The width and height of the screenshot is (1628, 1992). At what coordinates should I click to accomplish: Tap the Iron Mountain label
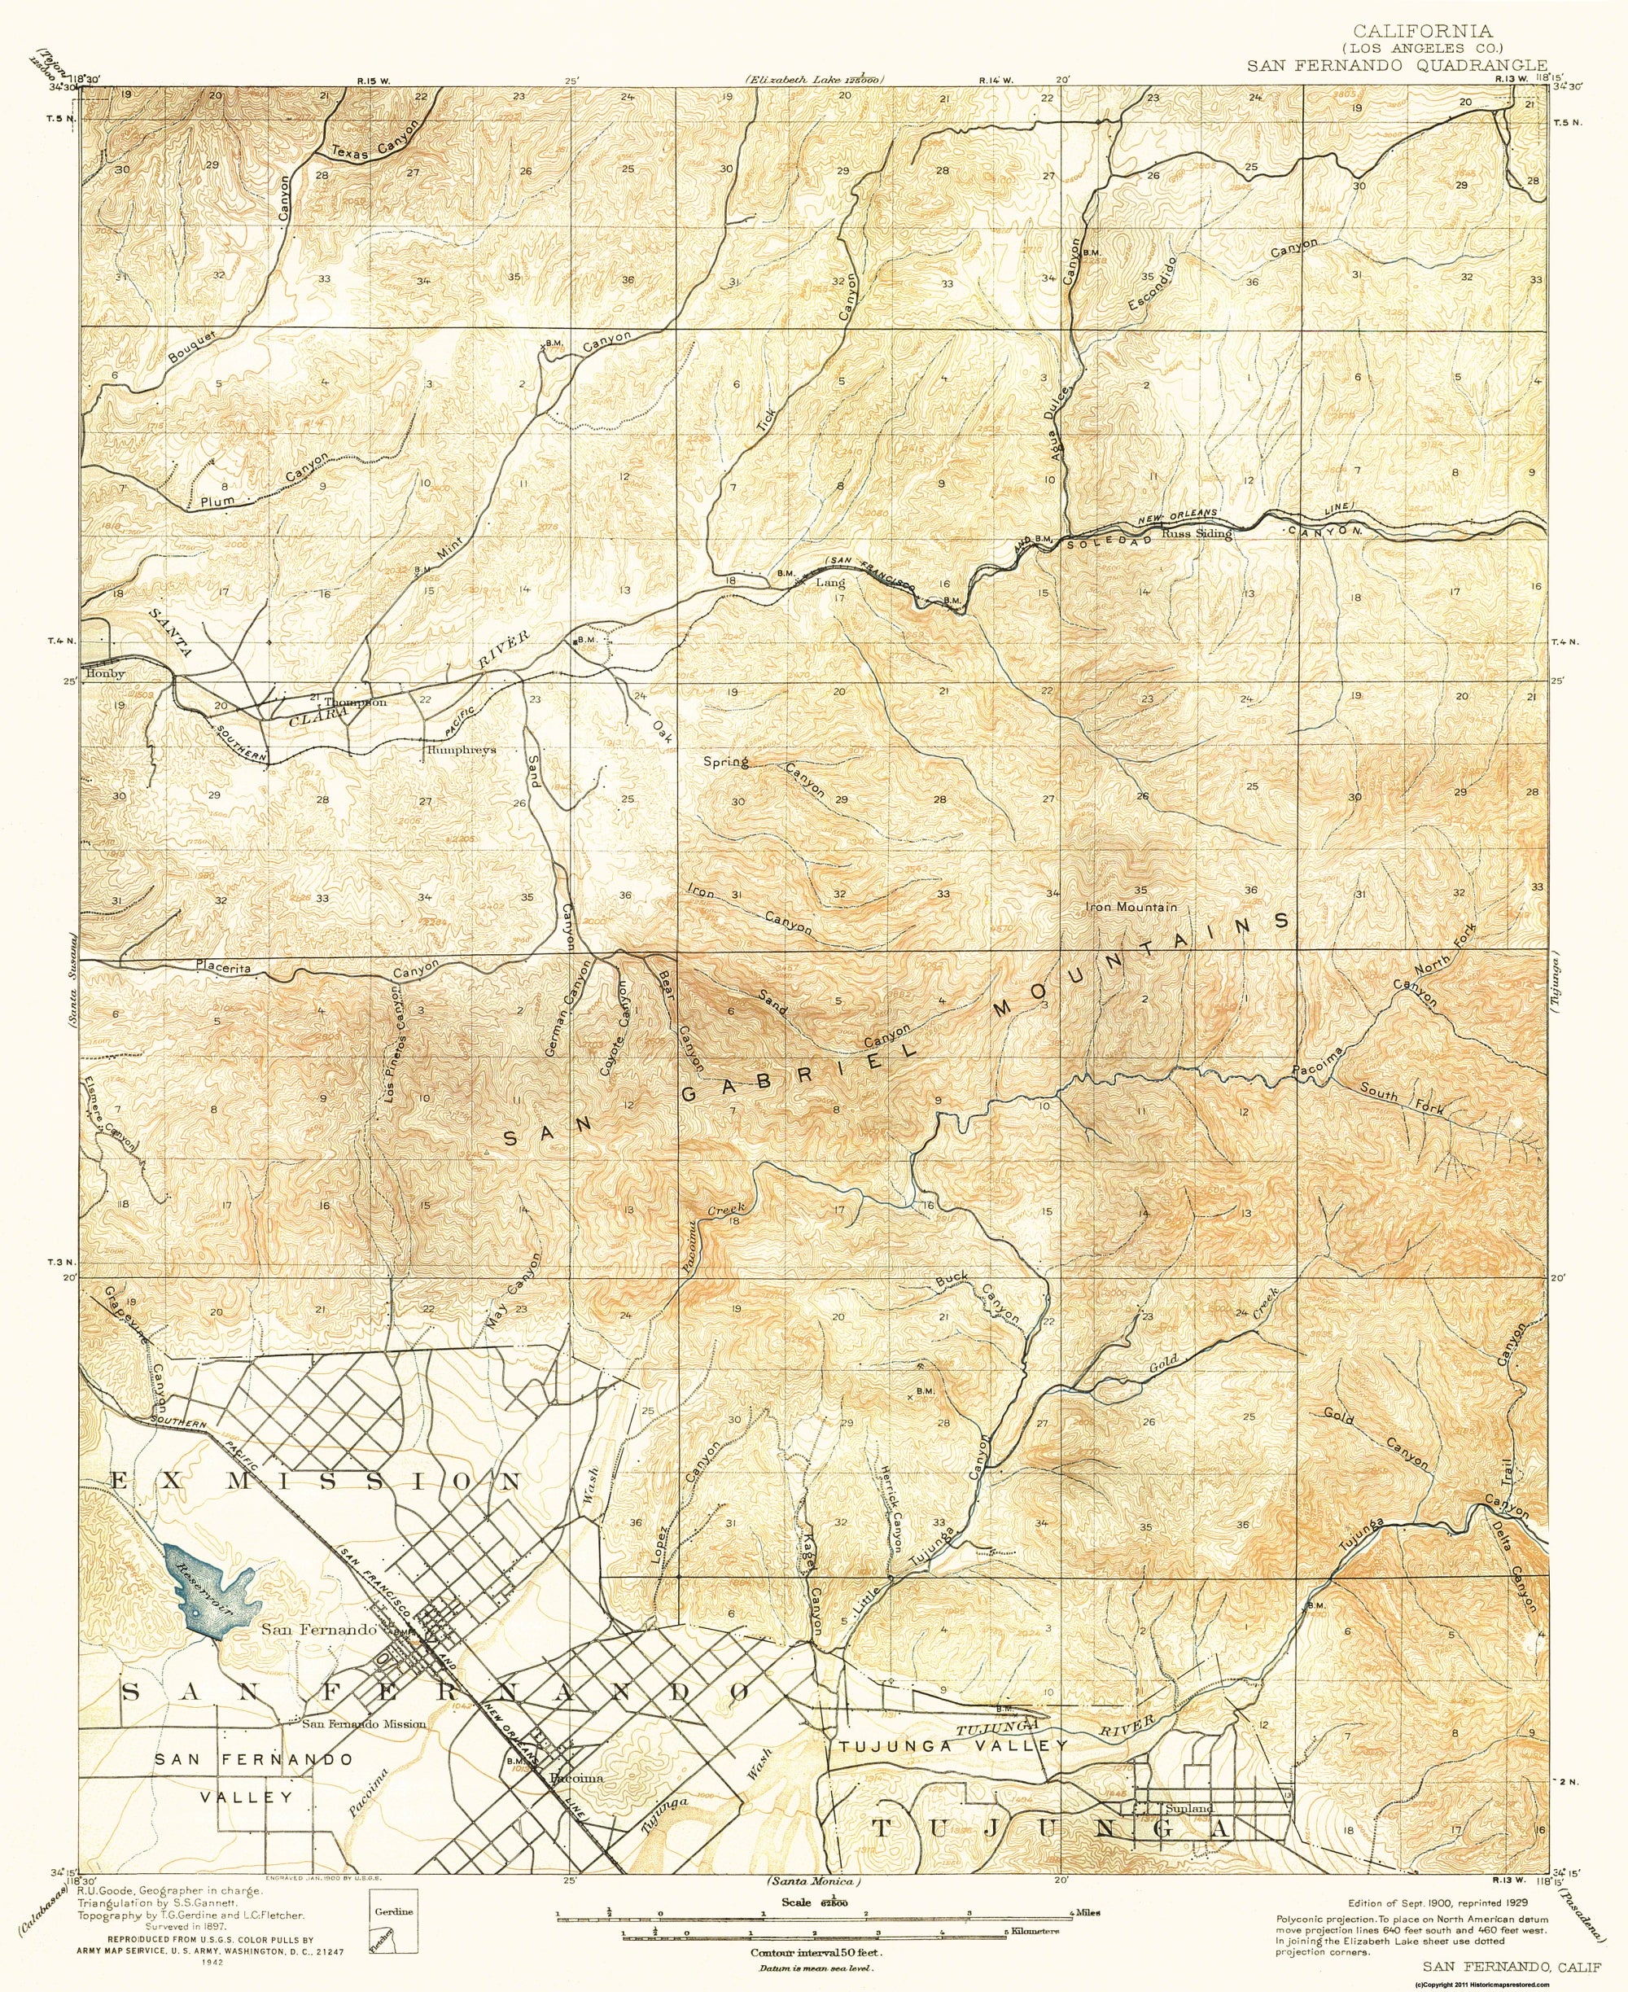coord(1130,907)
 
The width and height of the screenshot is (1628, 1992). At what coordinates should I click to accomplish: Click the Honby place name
coord(105,673)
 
